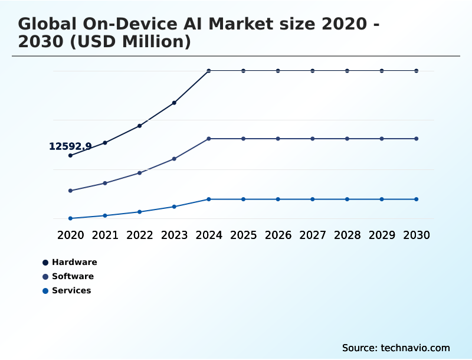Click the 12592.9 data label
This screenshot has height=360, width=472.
click(70, 146)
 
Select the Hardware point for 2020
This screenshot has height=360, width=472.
click(70, 155)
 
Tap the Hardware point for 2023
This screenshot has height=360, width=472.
click(174, 103)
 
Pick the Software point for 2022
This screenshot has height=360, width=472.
click(140, 173)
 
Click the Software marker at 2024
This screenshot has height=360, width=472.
click(209, 139)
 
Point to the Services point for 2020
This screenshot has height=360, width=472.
click(70, 218)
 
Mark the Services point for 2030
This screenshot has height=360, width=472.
click(416, 199)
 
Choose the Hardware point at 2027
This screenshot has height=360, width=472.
click(313, 71)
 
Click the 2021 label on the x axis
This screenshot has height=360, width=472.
click(105, 235)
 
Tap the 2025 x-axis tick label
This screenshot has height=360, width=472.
click(243, 235)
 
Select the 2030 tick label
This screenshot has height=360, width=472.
click(416, 235)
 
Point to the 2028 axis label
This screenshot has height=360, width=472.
click(347, 235)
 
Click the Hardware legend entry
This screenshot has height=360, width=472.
click(74, 262)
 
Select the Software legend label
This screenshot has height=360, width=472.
click(73, 276)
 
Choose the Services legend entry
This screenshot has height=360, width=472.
click(71, 290)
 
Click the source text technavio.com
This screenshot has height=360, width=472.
click(415, 348)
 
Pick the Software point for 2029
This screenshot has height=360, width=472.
click(382, 139)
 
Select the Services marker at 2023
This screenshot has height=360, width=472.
click(174, 207)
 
